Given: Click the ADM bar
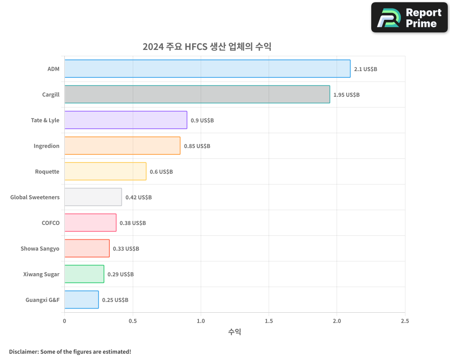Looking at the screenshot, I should point(207,69).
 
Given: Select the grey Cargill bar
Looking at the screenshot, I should point(197,94).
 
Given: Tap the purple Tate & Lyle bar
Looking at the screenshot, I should point(126,120).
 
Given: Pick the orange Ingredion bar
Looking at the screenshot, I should point(122,146).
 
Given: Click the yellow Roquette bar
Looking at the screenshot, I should point(105,171).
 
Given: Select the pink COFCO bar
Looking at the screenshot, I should point(90,223).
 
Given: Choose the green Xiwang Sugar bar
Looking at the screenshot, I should point(84,274).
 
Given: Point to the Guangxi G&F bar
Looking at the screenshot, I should point(81,300).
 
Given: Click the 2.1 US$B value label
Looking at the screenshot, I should point(365,69).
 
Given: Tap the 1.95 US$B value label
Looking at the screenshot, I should point(346,95).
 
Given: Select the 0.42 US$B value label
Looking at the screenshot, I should point(139,198).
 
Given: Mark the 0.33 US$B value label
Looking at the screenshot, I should point(126,249).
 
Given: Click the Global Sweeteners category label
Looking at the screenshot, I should point(35,197).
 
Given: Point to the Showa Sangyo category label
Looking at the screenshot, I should point(40,248).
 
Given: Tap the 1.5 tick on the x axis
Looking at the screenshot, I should point(269,321).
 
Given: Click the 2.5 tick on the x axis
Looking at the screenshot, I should point(405,321).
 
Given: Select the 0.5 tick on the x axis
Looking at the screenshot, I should point(132,321).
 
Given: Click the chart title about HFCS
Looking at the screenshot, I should point(207,47).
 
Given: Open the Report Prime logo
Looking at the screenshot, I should point(409,18).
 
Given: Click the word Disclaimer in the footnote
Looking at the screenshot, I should point(23,351).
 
